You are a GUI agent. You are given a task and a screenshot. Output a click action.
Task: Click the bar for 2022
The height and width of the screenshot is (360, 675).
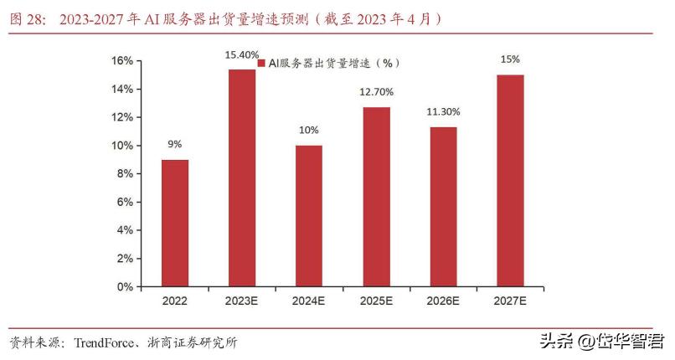click(x=175, y=223)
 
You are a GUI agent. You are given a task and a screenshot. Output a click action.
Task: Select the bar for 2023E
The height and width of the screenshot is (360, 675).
click(x=242, y=177)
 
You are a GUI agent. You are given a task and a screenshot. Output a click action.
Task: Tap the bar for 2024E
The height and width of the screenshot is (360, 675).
click(x=309, y=215)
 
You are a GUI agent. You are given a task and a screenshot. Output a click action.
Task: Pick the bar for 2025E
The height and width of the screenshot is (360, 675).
click(x=376, y=197)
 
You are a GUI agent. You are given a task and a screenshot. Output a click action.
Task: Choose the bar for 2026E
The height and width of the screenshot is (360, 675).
click(x=443, y=206)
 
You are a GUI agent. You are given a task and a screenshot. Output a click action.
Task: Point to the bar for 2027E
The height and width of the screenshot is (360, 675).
click(x=510, y=180)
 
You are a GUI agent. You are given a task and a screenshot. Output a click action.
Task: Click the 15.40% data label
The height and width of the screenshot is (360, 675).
click(x=242, y=54)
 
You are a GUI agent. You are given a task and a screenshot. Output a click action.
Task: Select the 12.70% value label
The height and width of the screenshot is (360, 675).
click(x=376, y=92)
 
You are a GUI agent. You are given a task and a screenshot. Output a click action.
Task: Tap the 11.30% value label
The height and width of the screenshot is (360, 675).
click(x=443, y=111)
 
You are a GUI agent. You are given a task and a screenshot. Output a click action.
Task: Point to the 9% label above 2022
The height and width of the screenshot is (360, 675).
click(x=175, y=144)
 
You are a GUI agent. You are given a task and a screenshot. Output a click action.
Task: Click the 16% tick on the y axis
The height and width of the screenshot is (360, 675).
click(x=122, y=60)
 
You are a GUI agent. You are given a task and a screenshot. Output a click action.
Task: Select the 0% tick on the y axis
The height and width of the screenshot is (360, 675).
click(x=125, y=286)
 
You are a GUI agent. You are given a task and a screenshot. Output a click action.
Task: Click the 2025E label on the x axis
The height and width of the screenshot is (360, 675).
click(x=376, y=301)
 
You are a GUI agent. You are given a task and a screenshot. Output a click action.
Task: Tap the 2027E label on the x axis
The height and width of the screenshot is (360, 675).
click(x=510, y=301)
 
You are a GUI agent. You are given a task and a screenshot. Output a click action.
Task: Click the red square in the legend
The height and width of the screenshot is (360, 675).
click(x=261, y=63)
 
